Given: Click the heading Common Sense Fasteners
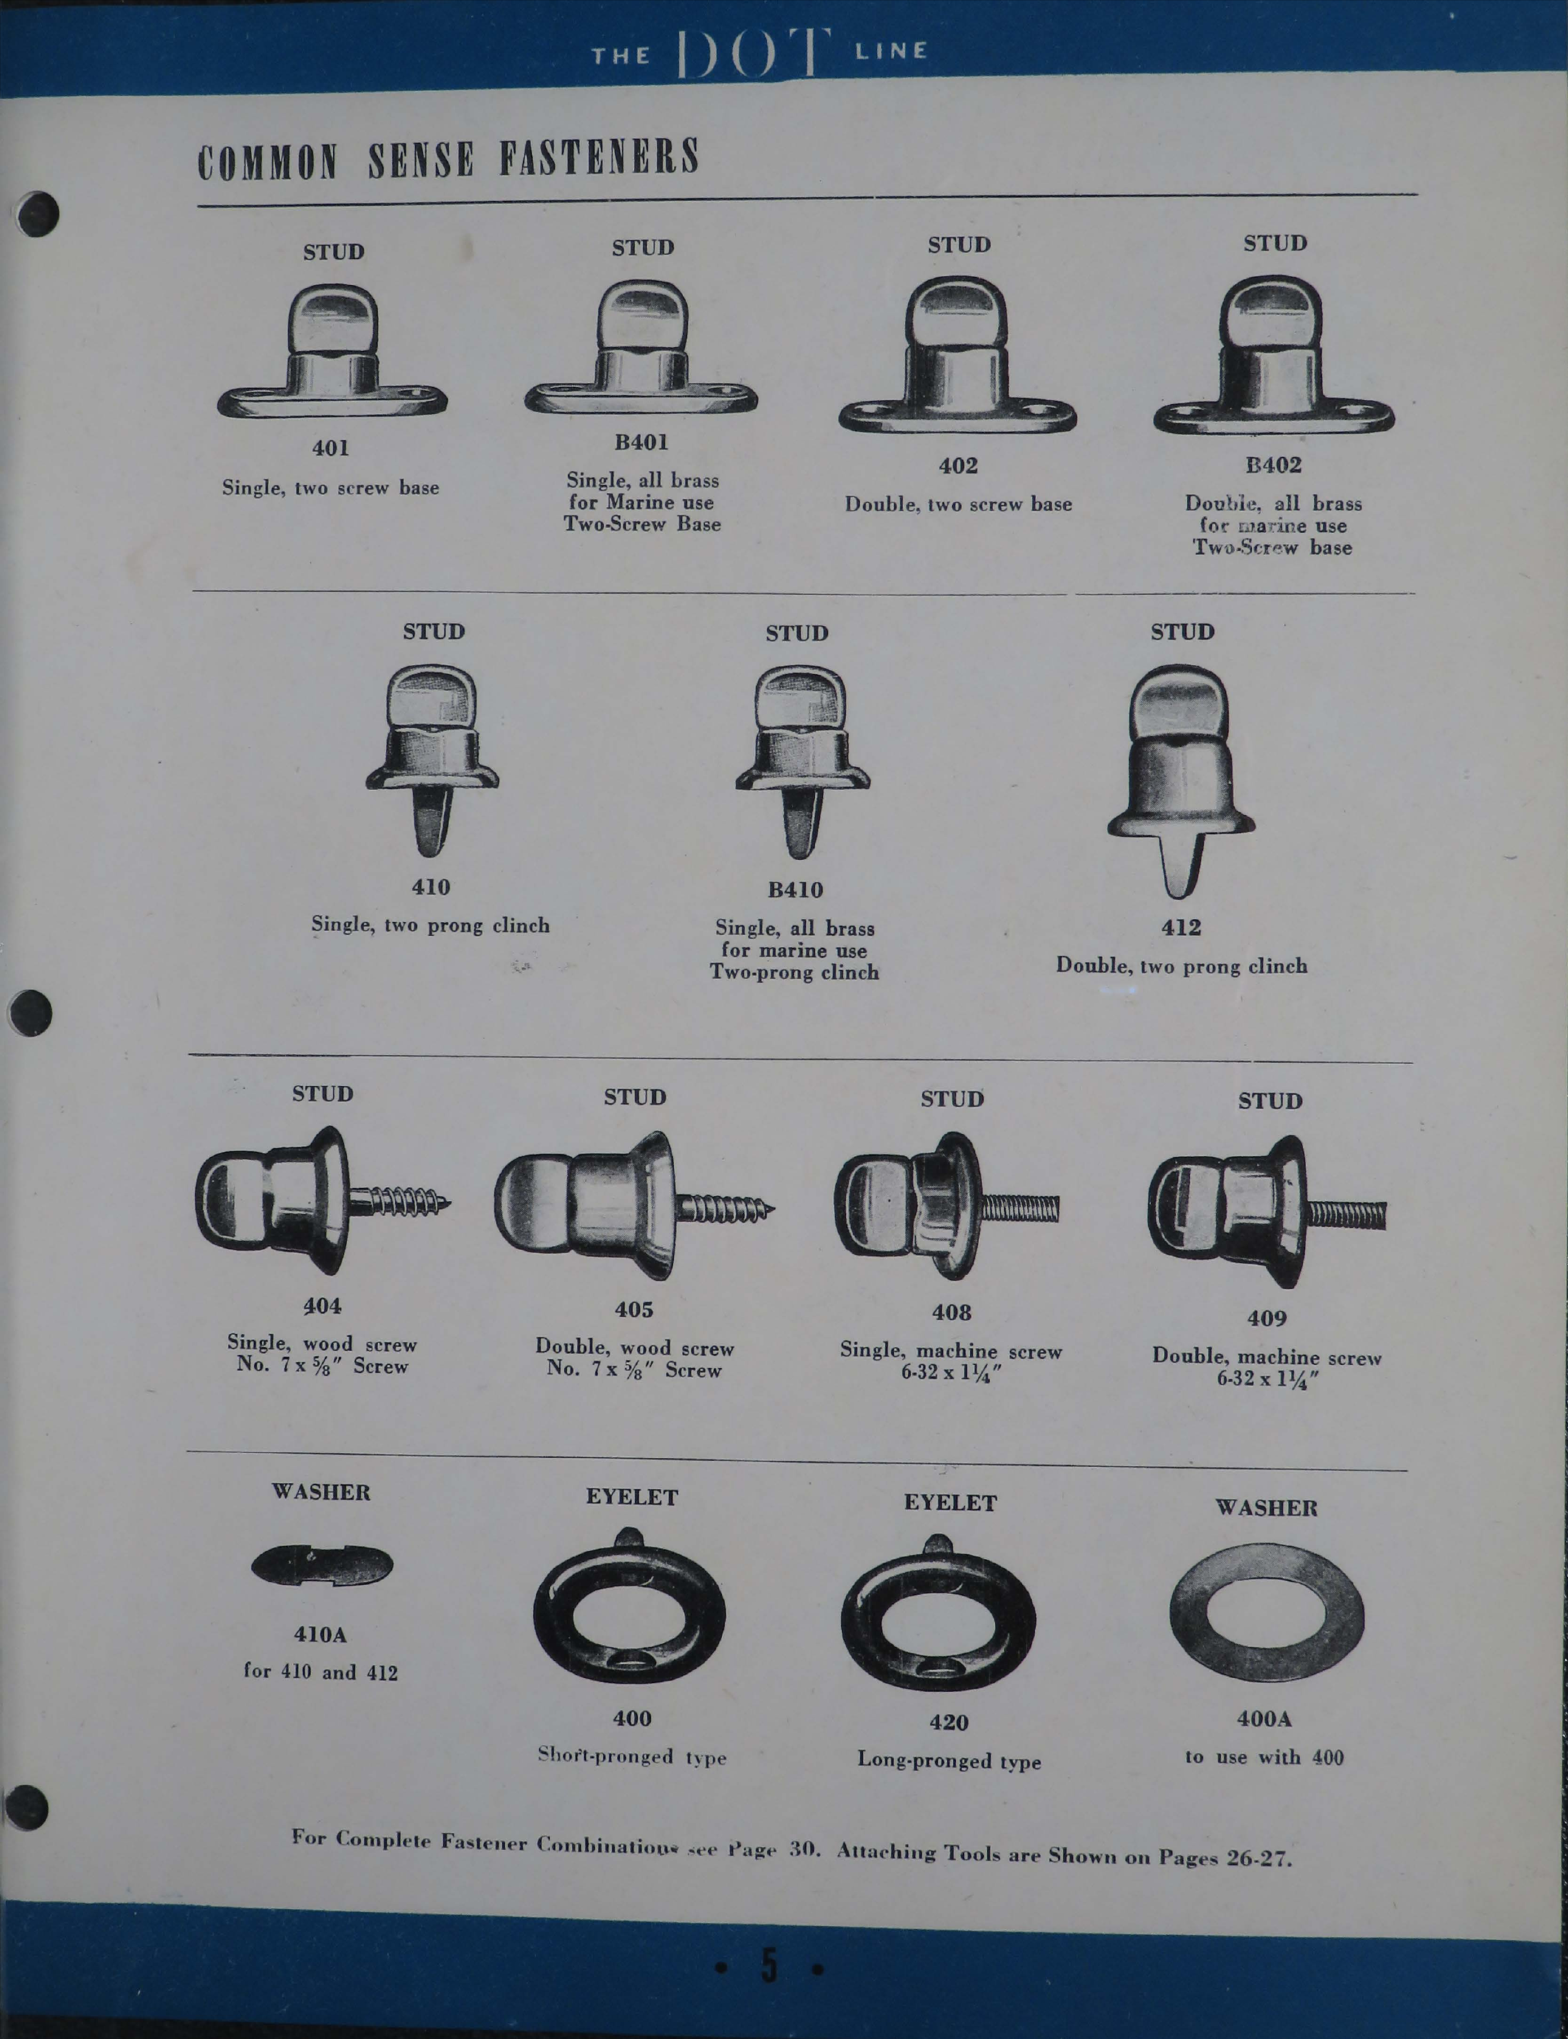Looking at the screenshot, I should point(448,158).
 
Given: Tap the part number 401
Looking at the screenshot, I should point(330,448).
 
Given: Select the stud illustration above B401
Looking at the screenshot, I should point(642,350).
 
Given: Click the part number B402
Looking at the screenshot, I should point(1273,465).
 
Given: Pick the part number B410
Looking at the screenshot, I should point(795,890).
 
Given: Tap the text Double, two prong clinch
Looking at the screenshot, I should point(1182,966).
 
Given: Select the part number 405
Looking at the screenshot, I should point(634,1309).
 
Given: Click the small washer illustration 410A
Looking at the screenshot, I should point(322,1565).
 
